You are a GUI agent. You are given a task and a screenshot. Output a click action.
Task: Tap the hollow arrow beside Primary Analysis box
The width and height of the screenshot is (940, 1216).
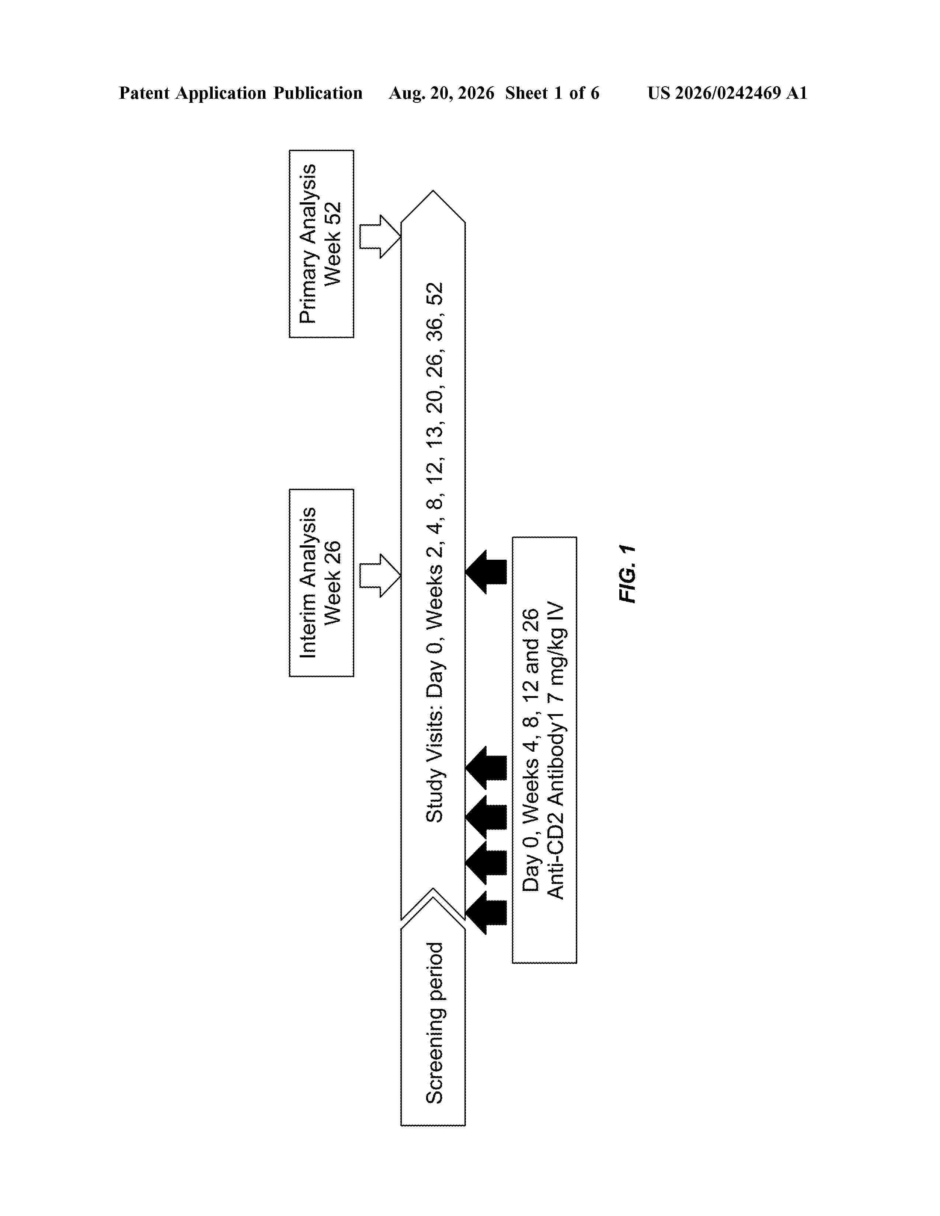pos(380,237)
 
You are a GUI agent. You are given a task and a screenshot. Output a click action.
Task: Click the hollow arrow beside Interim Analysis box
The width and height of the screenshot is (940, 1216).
pos(380,576)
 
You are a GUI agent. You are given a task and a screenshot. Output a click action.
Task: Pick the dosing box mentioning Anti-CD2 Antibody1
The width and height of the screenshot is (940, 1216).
pos(544,750)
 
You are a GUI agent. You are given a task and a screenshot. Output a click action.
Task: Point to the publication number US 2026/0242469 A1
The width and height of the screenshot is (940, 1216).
pos(727,93)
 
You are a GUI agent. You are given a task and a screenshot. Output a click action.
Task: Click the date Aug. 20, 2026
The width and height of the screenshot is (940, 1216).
pos(442,93)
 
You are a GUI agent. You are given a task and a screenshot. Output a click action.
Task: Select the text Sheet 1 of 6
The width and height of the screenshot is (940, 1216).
pos(553,93)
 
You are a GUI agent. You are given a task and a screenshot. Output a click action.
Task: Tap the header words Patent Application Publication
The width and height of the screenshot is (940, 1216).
pos(241,93)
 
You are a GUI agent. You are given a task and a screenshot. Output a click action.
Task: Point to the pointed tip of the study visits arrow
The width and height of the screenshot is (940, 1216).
pos(433,191)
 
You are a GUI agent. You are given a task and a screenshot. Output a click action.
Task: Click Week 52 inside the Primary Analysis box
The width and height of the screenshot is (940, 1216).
pos(333,244)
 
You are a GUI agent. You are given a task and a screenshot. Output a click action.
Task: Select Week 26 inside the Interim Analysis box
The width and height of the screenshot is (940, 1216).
pos(333,583)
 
